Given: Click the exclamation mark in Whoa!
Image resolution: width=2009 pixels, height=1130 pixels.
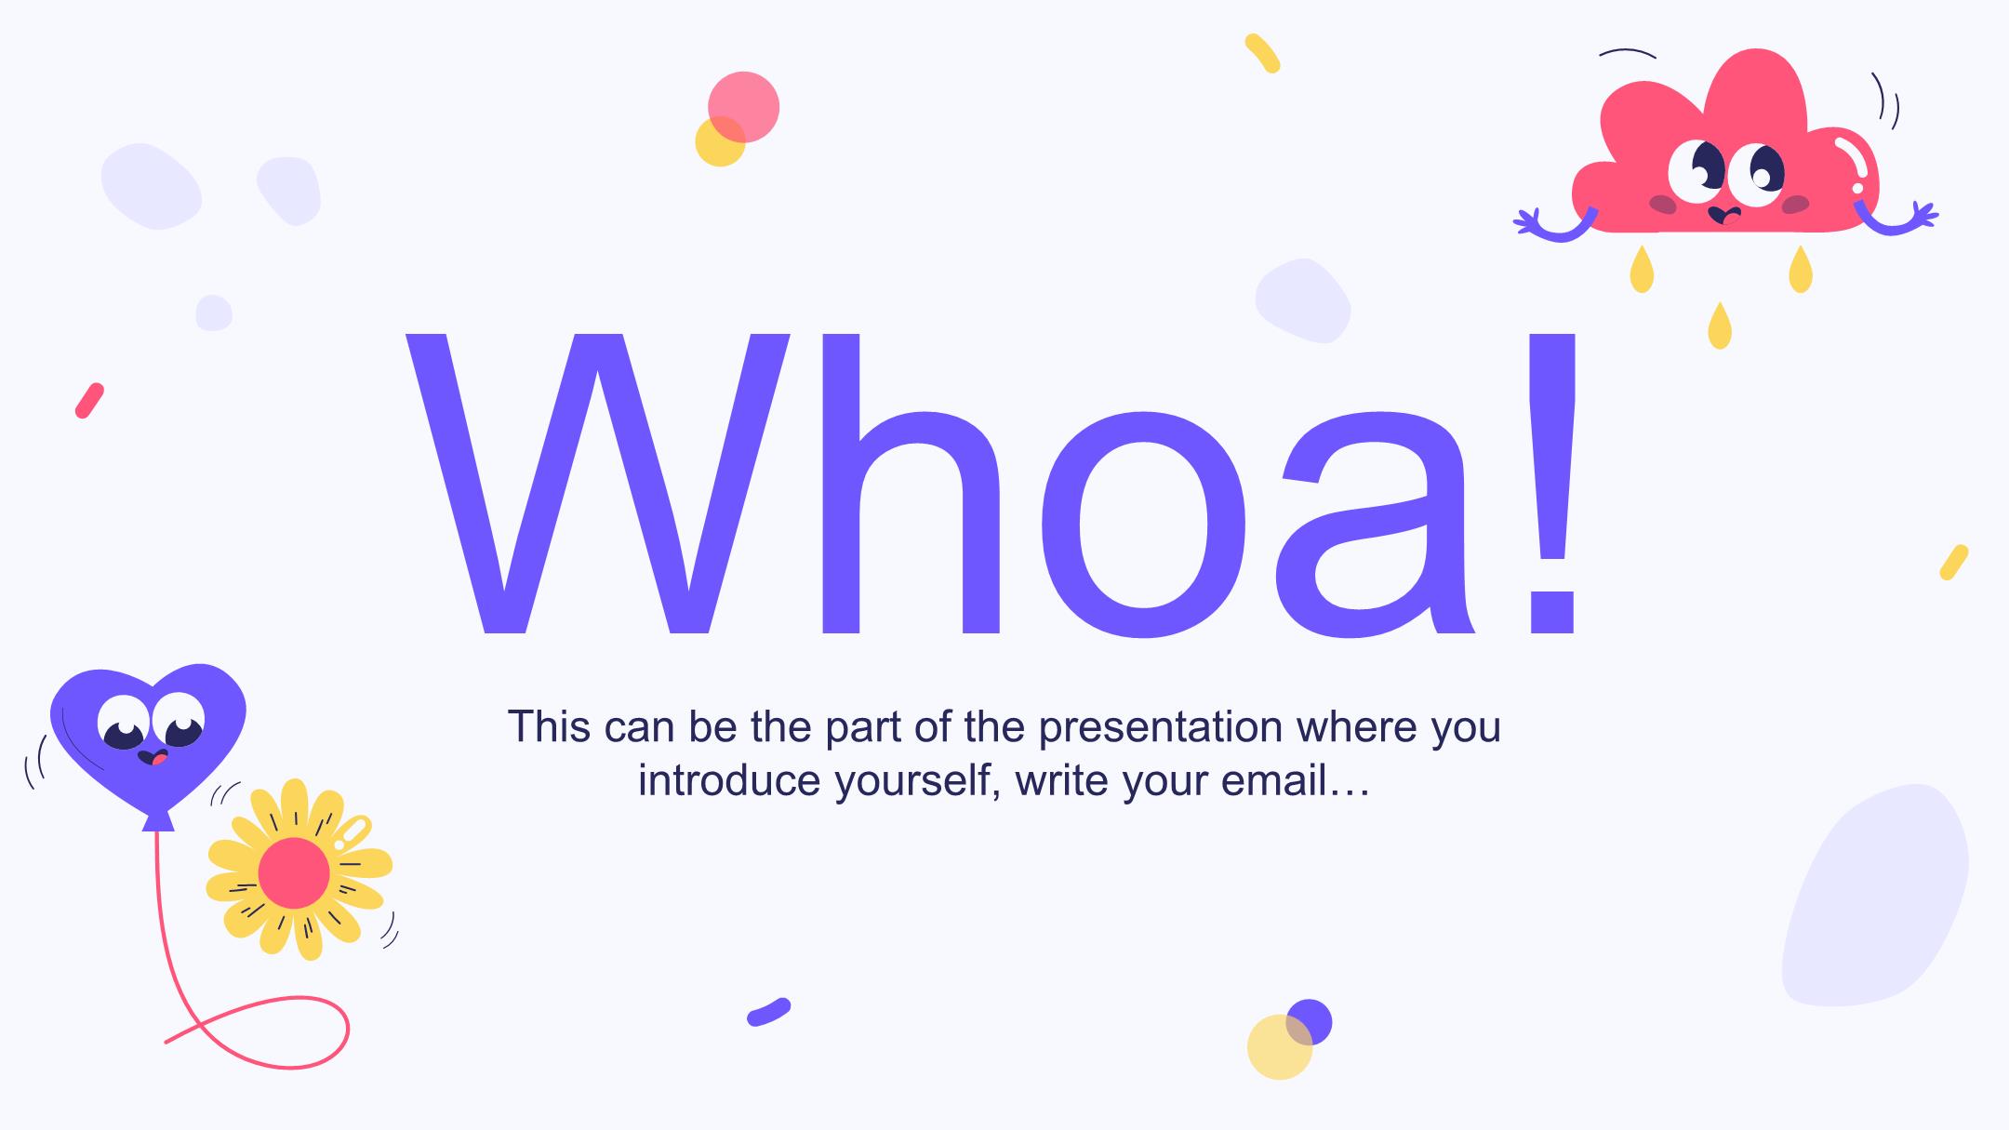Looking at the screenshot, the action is [1550, 484].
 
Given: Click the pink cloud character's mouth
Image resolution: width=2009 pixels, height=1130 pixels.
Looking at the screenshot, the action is [1725, 215].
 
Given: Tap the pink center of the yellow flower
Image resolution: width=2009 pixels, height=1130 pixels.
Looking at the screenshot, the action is [294, 872].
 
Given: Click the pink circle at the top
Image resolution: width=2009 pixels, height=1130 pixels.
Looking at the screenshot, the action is [743, 107].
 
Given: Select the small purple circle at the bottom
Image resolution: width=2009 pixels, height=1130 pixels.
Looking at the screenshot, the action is [1309, 1022].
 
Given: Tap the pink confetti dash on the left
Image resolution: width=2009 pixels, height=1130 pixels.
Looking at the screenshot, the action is [89, 401].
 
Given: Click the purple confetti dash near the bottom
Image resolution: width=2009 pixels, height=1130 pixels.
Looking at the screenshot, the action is [768, 1012].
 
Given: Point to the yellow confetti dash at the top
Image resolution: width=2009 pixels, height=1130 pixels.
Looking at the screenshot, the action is [1262, 53].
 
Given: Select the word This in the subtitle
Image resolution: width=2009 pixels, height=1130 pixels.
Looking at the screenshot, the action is [549, 727].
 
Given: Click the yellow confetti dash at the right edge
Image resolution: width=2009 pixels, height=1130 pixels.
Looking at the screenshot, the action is [1954, 563].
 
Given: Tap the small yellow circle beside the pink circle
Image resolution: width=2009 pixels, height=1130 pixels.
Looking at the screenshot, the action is [720, 141].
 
